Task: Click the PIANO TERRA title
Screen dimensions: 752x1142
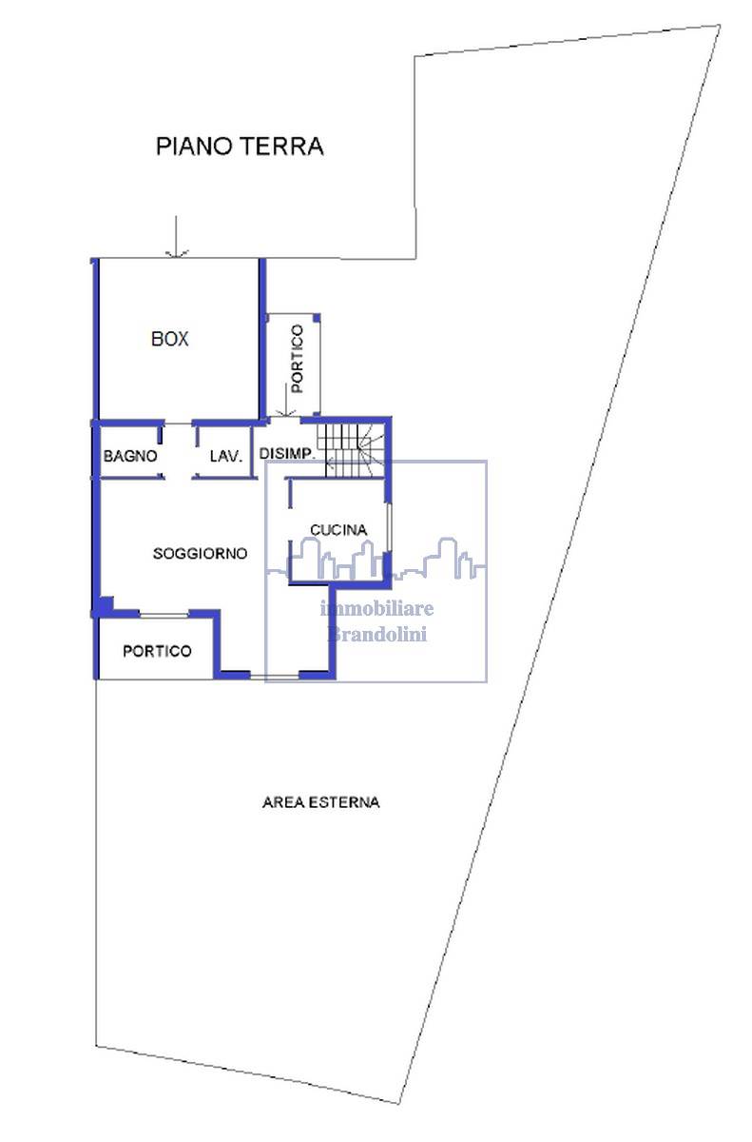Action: (x=240, y=147)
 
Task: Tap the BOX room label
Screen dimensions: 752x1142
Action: (x=169, y=339)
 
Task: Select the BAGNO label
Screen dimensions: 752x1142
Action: (x=130, y=456)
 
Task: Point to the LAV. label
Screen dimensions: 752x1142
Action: (x=225, y=456)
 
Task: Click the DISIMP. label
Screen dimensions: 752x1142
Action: (x=287, y=453)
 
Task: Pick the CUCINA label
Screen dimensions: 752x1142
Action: (x=338, y=530)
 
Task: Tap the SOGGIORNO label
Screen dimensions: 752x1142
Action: (x=200, y=553)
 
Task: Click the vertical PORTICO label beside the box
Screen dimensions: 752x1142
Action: (x=297, y=359)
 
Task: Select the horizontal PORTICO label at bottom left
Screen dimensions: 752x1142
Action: (x=157, y=651)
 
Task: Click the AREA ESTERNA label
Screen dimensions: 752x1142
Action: (x=320, y=802)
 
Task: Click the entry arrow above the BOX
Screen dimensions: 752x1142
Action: (x=176, y=236)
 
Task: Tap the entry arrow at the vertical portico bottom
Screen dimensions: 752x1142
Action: (x=286, y=402)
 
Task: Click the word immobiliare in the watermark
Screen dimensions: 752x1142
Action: (x=376, y=608)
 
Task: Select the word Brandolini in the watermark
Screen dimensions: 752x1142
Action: (x=376, y=634)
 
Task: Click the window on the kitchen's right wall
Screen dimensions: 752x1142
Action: (x=389, y=528)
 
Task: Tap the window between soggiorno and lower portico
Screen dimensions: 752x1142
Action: (x=164, y=615)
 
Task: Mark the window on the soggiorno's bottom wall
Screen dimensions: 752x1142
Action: (x=275, y=677)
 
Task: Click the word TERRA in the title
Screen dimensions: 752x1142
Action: (x=281, y=147)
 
